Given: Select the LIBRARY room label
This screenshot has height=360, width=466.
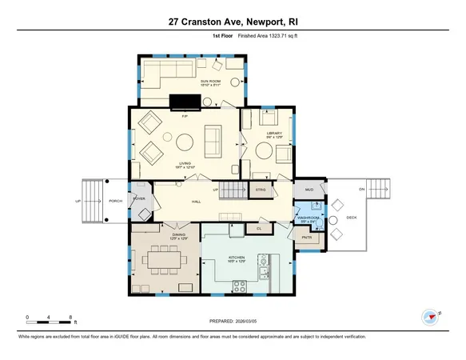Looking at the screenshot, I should pos(276,133).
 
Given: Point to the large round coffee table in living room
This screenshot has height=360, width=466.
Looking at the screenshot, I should pos(184,144).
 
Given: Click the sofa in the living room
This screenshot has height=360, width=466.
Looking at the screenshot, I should pos(215,142).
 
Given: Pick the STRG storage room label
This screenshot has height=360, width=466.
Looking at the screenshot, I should pos(261,190).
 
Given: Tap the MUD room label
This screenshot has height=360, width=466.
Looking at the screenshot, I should pos(309,190).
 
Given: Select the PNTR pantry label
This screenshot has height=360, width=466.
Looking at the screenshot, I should pos(306,238).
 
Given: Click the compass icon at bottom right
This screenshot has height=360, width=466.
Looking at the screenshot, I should pos(432,315).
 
